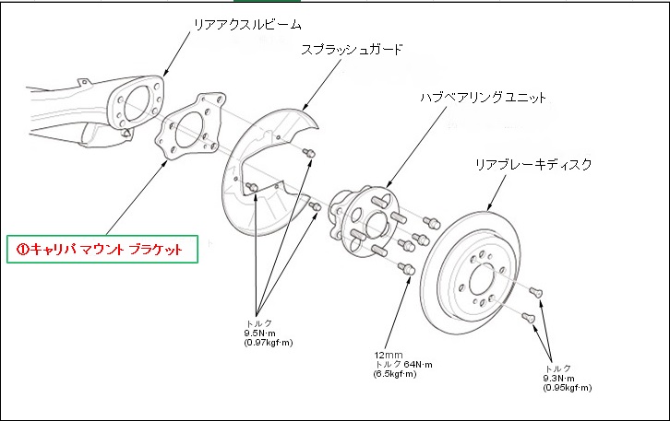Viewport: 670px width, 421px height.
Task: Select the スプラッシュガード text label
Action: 352,48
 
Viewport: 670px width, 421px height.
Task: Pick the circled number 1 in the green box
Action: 24,249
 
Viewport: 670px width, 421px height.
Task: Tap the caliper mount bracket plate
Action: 190,133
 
